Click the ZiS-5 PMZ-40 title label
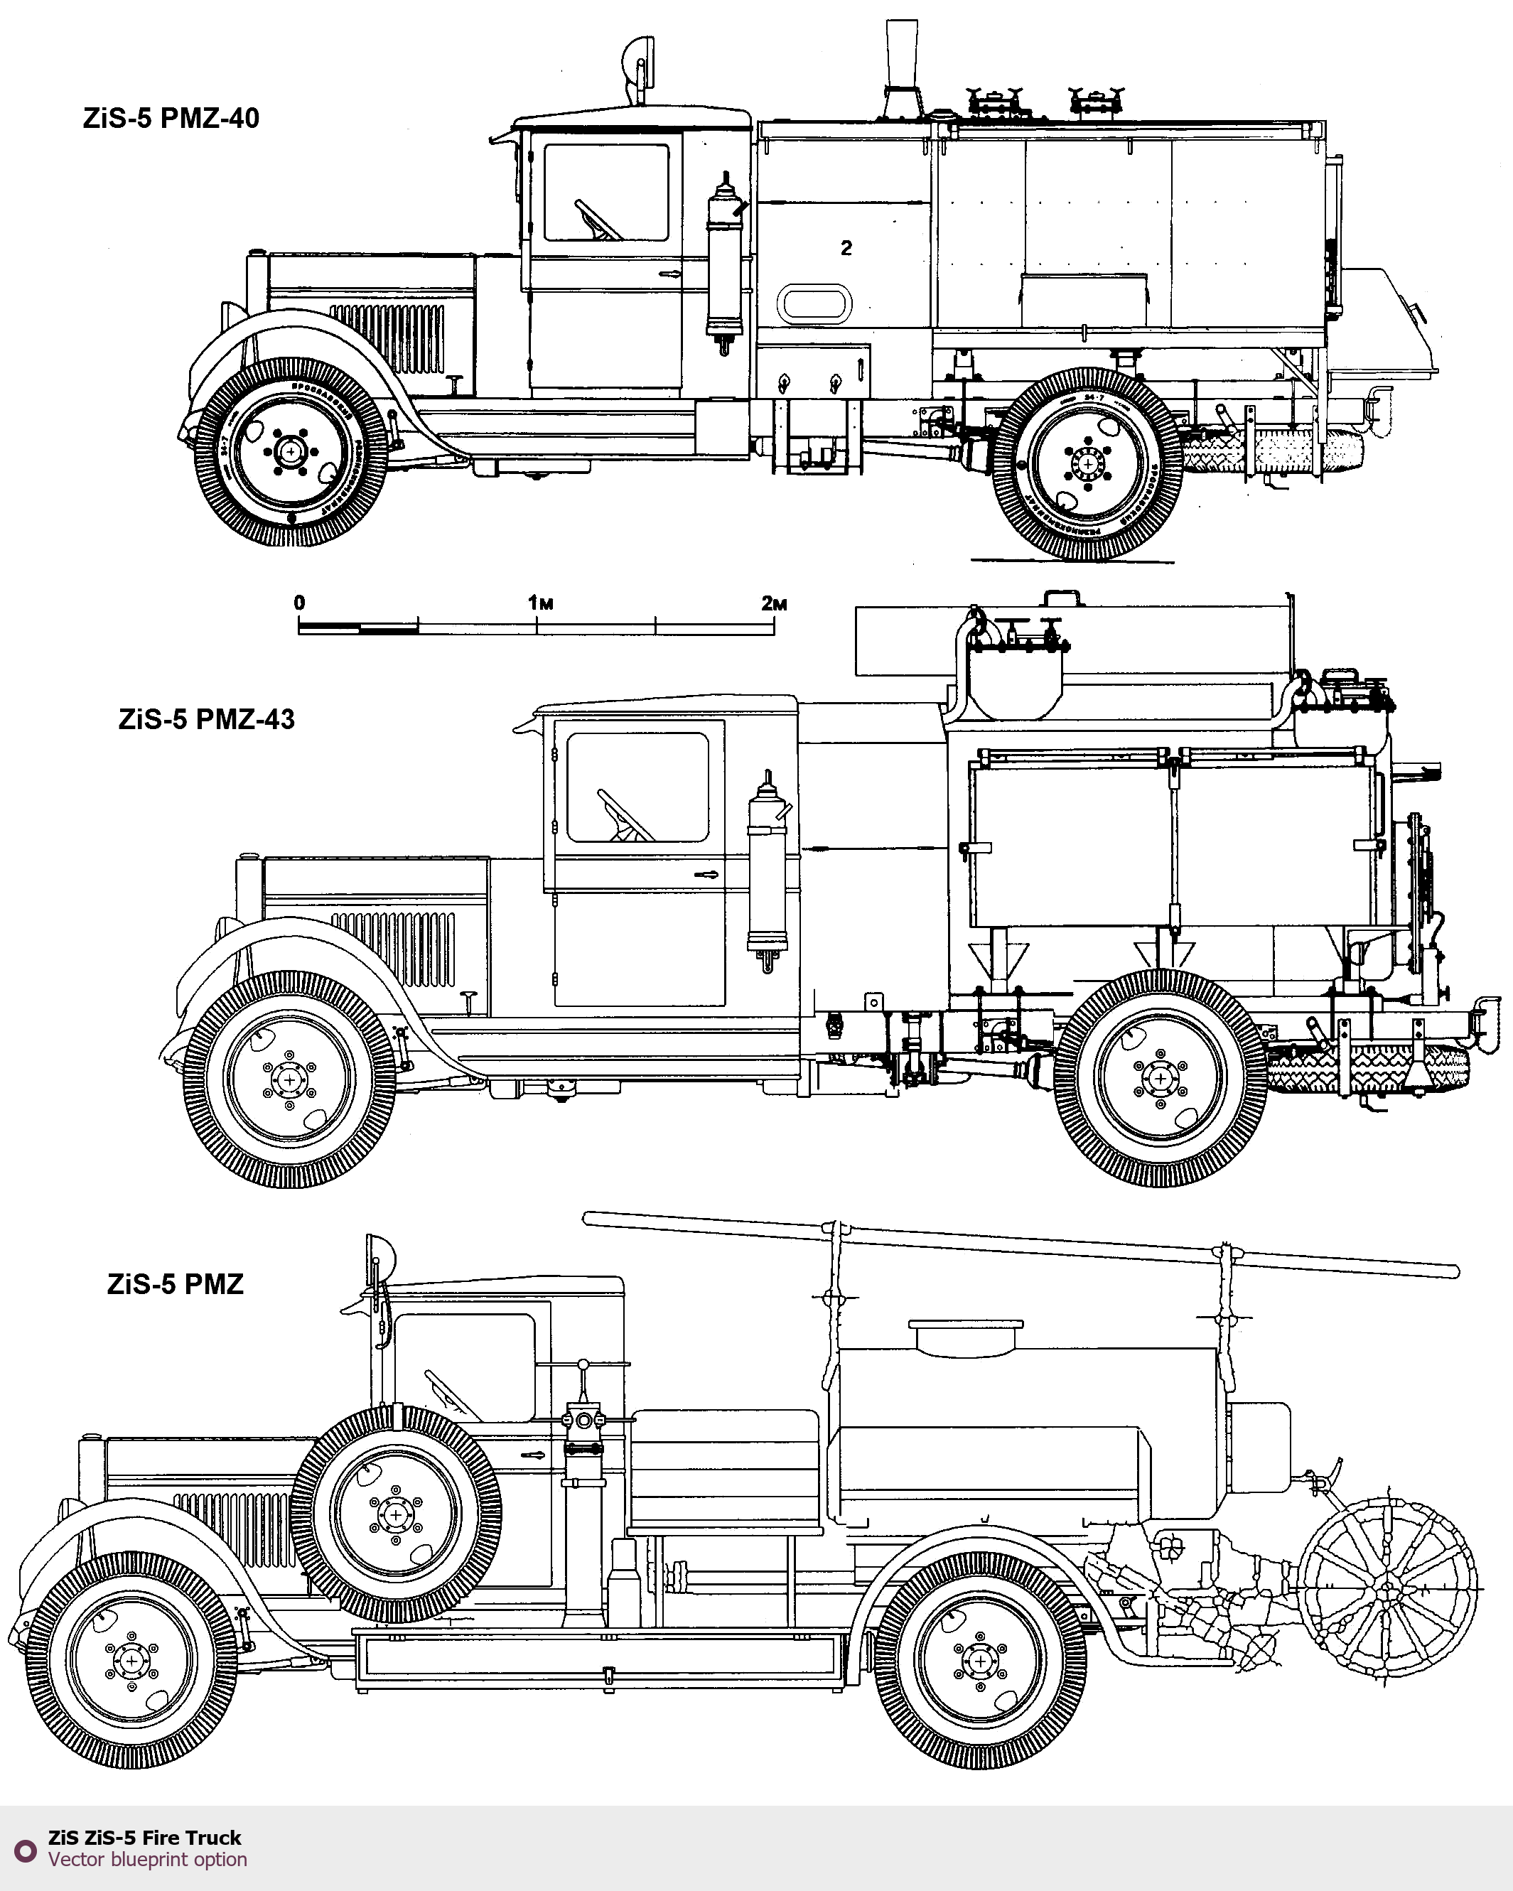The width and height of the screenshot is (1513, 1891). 171,119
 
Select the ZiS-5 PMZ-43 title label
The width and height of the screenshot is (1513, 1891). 206,719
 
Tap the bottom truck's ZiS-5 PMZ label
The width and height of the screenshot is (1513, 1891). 175,1284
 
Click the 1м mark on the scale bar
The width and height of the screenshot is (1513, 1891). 540,603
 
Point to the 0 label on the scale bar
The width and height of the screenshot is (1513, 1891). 299,603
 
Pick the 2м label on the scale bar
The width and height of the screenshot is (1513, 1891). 774,603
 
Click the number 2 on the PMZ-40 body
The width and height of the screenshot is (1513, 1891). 846,248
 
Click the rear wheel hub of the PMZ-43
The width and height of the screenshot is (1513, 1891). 1161,1078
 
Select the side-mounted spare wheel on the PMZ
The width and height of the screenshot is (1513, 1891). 396,1515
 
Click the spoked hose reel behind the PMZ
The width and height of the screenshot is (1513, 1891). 1388,1588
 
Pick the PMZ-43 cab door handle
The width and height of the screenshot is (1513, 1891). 706,875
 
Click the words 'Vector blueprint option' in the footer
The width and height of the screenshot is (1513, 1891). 147,1860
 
